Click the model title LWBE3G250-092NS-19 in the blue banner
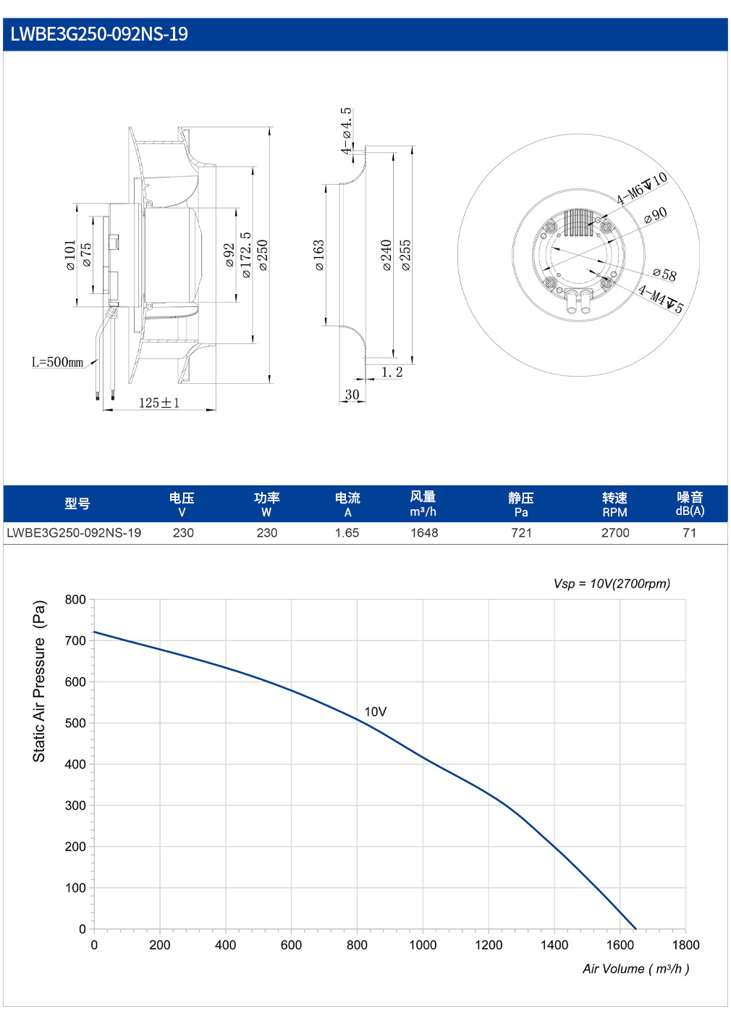[99, 34]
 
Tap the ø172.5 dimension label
[245, 255]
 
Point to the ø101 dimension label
[70, 255]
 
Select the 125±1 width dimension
[159, 402]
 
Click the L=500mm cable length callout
[58, 362]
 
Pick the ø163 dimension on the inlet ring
[319, 255]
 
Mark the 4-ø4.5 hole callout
[346, 131]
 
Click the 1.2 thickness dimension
[392, 372]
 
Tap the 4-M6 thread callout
[641, 188]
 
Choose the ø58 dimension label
[664, 274]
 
